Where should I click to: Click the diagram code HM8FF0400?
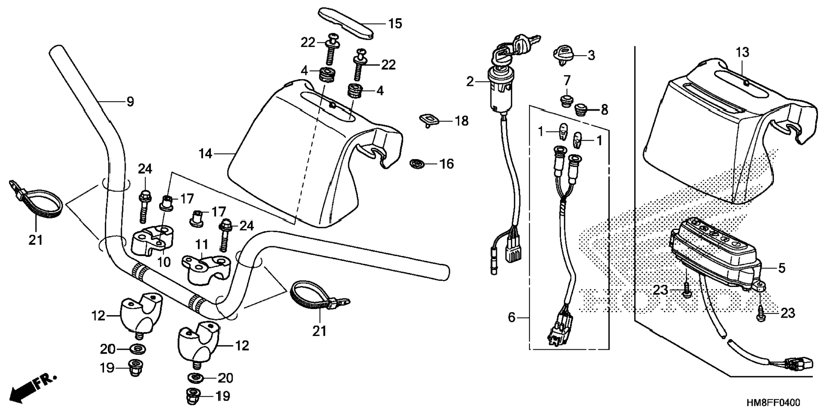click(773, 403)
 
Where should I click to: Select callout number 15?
click(395, 24)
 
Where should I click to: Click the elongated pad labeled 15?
click(347, 22)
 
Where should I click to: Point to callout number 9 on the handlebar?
click(130, 102)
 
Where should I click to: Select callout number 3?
click(591, 55)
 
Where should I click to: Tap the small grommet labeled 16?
click(415, 163)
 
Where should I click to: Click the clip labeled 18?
click(428, 120)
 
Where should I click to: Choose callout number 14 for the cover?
click(205, 153)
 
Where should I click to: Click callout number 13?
click(742, 53)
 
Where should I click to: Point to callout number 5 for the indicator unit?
click(781, 268)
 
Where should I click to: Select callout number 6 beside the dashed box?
click(511, 318)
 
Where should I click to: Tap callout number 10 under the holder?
click(164, 262)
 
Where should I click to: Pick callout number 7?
click(567, 80)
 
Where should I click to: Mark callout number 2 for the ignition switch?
click(470, 81)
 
